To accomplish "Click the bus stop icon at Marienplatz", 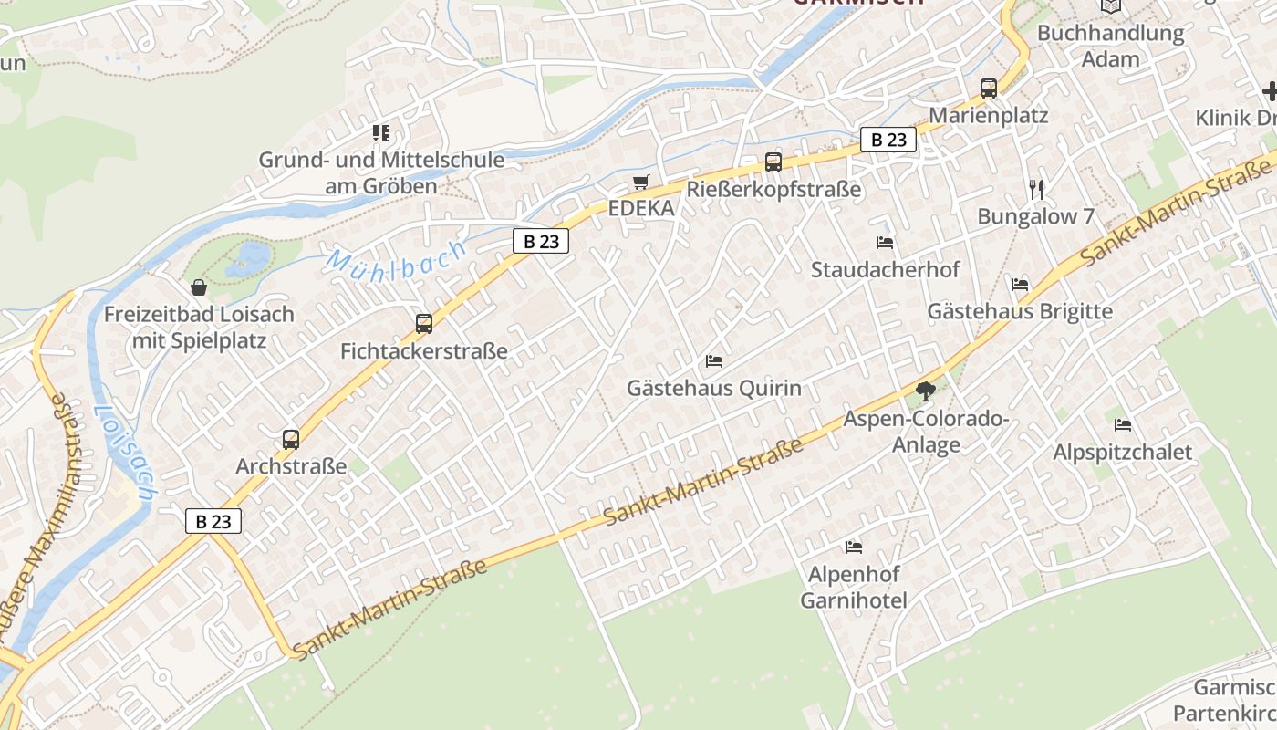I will click(x=989, y=89).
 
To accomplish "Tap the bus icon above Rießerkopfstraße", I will click(x=773, y=162).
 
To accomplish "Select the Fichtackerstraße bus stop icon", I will click(x=424, y=323).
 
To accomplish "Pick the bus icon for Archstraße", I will click(x=291, y=439).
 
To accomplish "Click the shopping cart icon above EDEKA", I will click(x=641, y=182).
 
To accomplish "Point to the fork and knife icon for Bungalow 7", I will click(x=1035, y=190).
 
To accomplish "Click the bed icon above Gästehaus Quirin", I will click(x=714, y=361).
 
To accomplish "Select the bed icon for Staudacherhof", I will click(x=885, y=243).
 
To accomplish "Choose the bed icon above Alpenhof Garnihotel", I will click(x=854, y=547).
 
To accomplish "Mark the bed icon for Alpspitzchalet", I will click(x=1123, y=425).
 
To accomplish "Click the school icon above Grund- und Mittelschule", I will click(x=380, y=133).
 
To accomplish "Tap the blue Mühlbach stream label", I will click(x=397, y=258).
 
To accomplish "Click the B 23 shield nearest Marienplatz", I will click(x=888, y=140).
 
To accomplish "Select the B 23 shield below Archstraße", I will click(x=213, y=521).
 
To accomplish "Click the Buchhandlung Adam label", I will click(x=1110, y=47).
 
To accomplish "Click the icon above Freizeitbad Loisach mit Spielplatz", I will click(x=199, y=288).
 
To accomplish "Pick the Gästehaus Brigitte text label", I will click(x=1020, y=311).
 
